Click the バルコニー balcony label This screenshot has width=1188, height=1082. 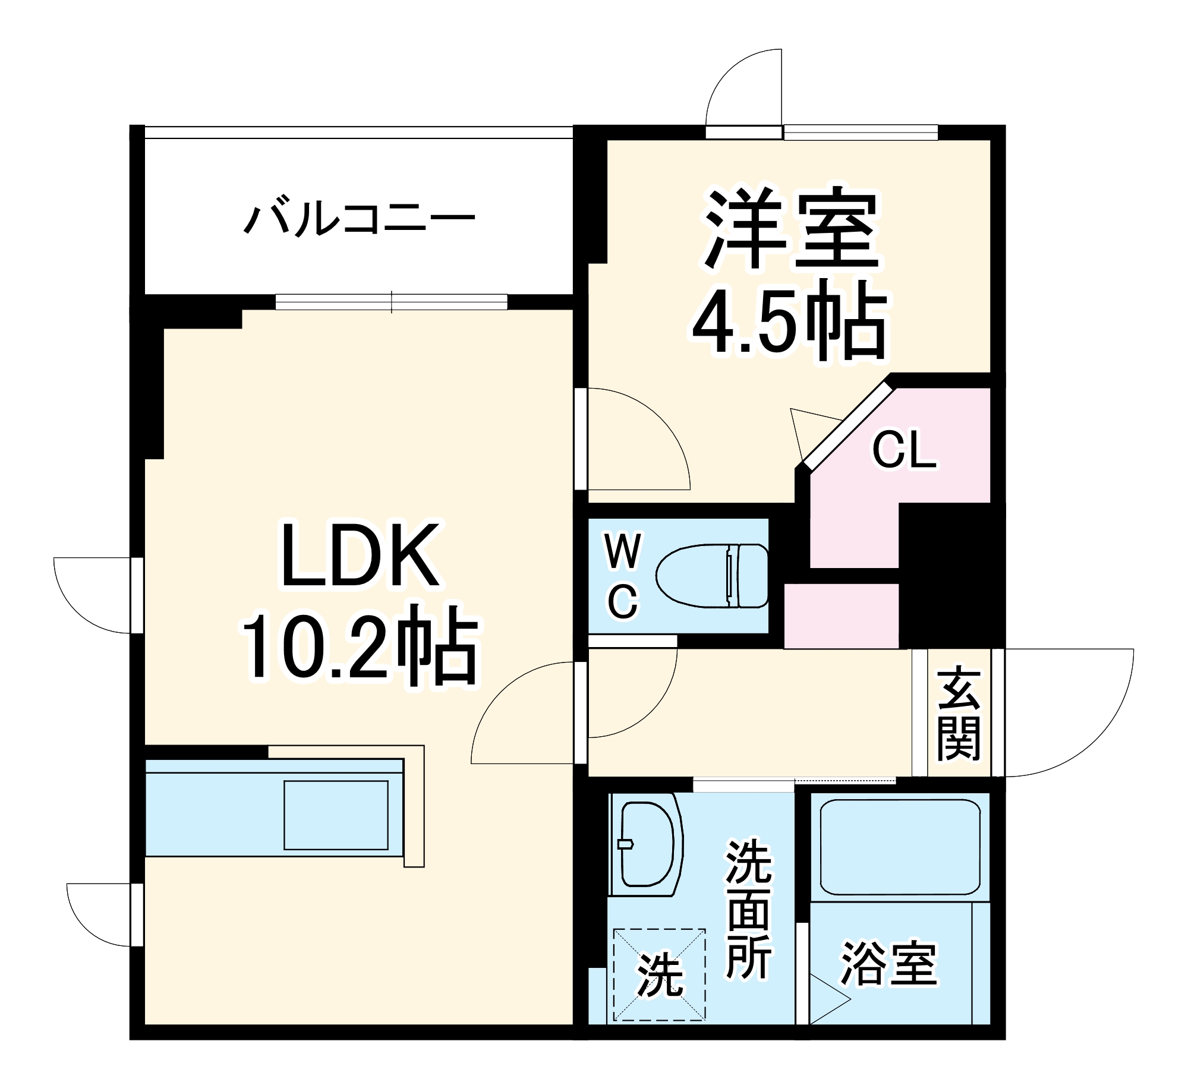360,219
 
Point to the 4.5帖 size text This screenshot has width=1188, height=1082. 789,321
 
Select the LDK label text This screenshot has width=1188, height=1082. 361,556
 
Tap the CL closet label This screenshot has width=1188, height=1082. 903,450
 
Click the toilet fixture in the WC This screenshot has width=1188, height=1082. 712,576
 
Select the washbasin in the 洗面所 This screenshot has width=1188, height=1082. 647,843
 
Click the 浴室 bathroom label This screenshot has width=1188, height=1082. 888,963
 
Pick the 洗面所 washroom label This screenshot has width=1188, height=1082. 749,909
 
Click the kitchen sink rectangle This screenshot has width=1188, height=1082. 336,815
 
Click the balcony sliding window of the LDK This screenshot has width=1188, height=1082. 391,302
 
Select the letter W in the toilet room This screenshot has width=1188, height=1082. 622,551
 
